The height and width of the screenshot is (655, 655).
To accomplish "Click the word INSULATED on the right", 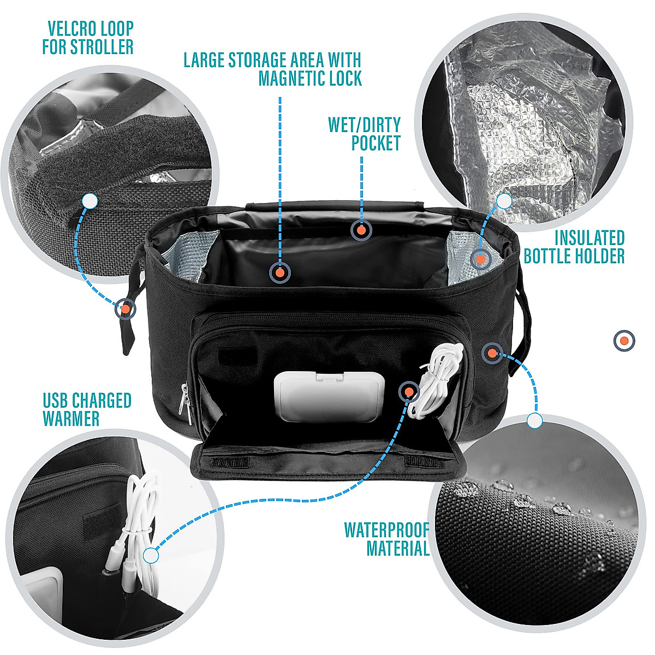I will tap(589, 238).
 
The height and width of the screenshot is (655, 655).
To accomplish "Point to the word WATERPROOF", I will tap(386, 529).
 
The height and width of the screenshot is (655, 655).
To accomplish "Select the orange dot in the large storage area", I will tap(279, 272).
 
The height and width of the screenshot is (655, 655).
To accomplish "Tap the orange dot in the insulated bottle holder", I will tap(480, 259).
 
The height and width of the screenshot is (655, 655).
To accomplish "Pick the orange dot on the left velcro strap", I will tap(126, 309).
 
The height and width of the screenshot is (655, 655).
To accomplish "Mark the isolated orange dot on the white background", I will tap(624, 341).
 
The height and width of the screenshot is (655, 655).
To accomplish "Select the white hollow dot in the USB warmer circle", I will tap(151, 556).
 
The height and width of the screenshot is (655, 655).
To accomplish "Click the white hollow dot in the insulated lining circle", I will tap(504, 201).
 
